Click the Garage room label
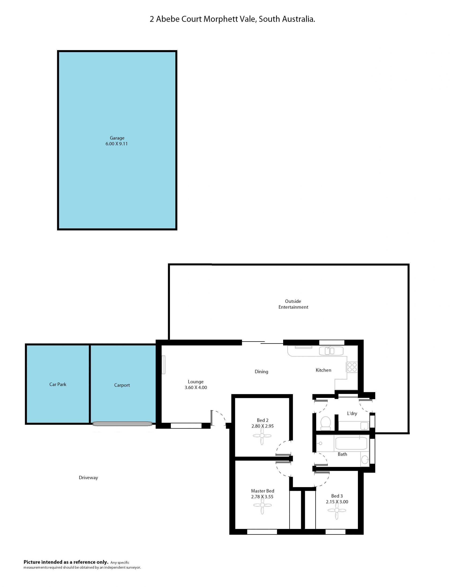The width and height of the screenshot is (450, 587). pyautogui.click(x=117, y=138)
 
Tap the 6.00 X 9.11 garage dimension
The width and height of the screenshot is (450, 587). pyautogui.click(x=116, y=144)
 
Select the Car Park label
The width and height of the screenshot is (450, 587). pyautogui.click(x=58, y=384)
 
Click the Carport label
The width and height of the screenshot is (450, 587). pyautogui.click(x=122, y=385)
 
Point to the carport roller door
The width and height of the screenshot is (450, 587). pyautogui.click(x=122, y=424)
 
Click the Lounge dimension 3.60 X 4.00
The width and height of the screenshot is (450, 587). pyautogui.click(x=196, y=388)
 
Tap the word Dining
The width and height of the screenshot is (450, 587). pyautogui.click(x=261, y=372)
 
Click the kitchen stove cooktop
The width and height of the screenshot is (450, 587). pyautogui.click(x=352, y=367)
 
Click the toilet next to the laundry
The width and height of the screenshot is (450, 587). pyautogui.click(x=326, y=423)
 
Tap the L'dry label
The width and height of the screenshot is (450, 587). pyautogui.click(x=352, y=413)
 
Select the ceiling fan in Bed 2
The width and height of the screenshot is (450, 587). pyautogui.click(x=262, y=436)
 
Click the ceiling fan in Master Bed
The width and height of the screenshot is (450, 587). pyautogui.click(x=262, y=505)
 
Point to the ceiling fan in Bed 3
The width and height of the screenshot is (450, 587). pyautogui.click(x=337, y=510)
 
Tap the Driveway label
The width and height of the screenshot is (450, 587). pyautogui.click(x=88, y=478)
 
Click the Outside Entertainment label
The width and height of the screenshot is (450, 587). pyautogui.click(x=293, y=304)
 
